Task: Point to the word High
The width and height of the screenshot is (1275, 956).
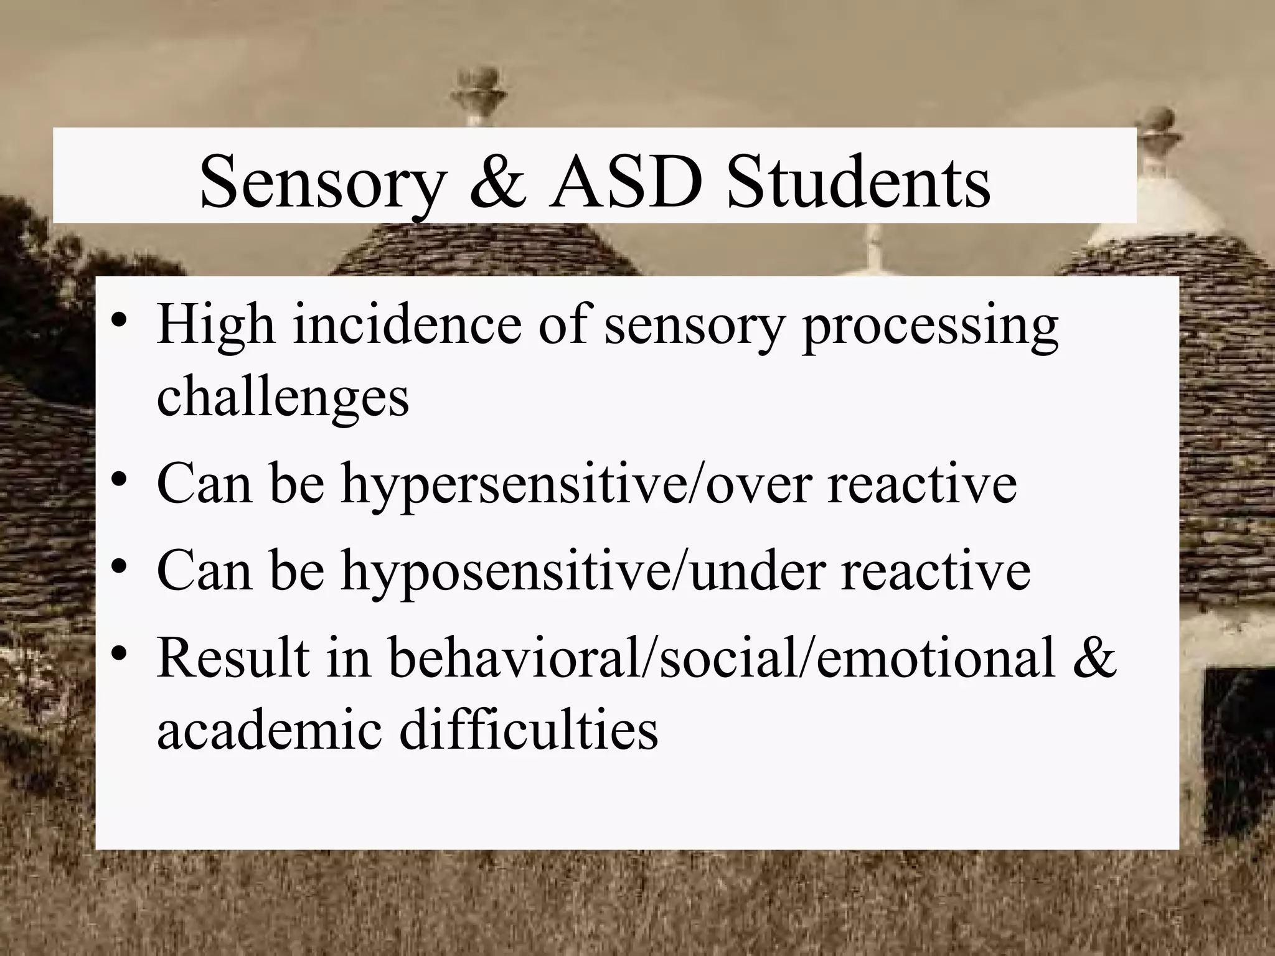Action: pos(215,325)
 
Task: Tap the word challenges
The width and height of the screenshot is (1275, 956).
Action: pos(283,398)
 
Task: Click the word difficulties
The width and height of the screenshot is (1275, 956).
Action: pos(529,729)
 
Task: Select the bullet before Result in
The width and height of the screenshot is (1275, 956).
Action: pos(118,657)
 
